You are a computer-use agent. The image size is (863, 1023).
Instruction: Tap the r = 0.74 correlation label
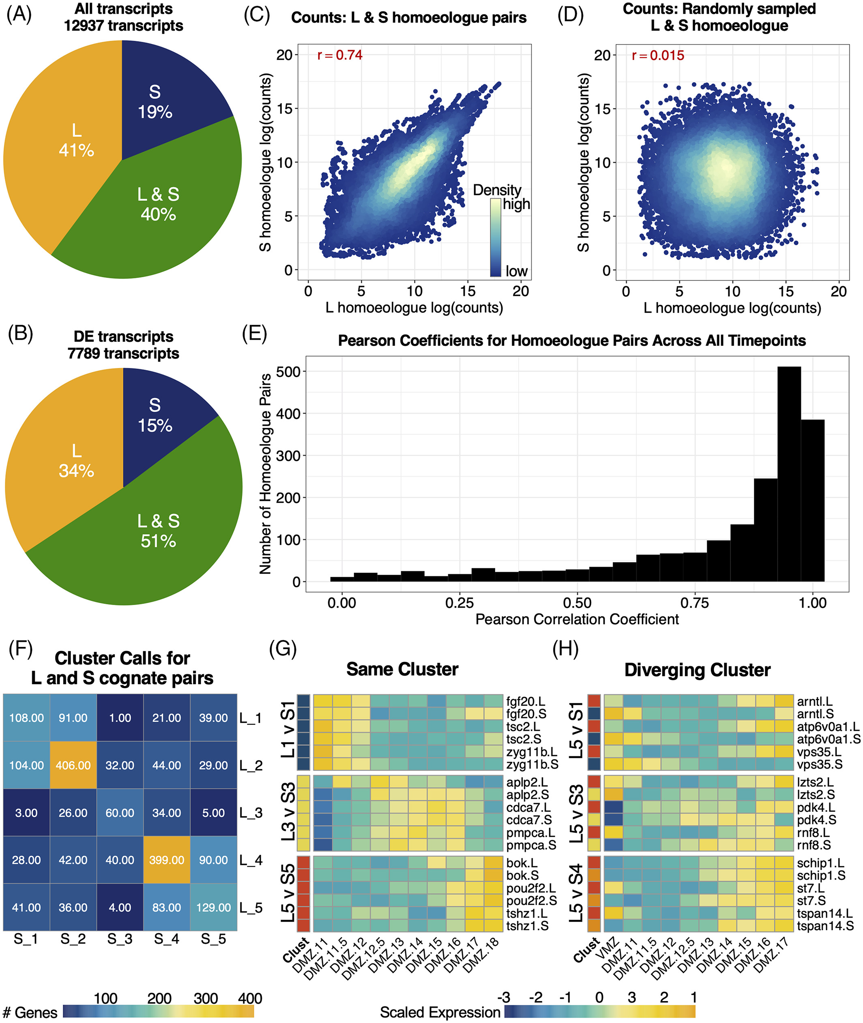(x=339, y=55)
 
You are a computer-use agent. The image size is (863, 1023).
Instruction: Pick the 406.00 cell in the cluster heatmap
(x=73, y=765)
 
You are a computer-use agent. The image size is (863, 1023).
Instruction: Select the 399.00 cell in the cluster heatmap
(x=166, y=860)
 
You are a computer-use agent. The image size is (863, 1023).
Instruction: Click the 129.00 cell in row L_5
(x=213, y=907)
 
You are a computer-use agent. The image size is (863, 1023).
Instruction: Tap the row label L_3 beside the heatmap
(x=251, y=813)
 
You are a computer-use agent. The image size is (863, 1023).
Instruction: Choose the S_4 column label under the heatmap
(x=166, y=939)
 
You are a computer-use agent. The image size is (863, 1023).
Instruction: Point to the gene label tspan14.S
(x=825, y=926)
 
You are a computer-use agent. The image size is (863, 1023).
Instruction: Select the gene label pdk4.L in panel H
(x=816, y=807)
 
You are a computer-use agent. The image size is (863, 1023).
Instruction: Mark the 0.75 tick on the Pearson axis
(x=695, y=603)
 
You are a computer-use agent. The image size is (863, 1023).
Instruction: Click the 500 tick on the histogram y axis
(x=288, y=372)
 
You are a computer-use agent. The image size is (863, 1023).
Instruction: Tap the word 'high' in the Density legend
(x=516, y=204)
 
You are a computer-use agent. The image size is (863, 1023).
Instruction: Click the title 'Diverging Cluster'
(x=697, y=670)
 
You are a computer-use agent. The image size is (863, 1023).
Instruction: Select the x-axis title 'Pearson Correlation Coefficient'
(x=577, y=620)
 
